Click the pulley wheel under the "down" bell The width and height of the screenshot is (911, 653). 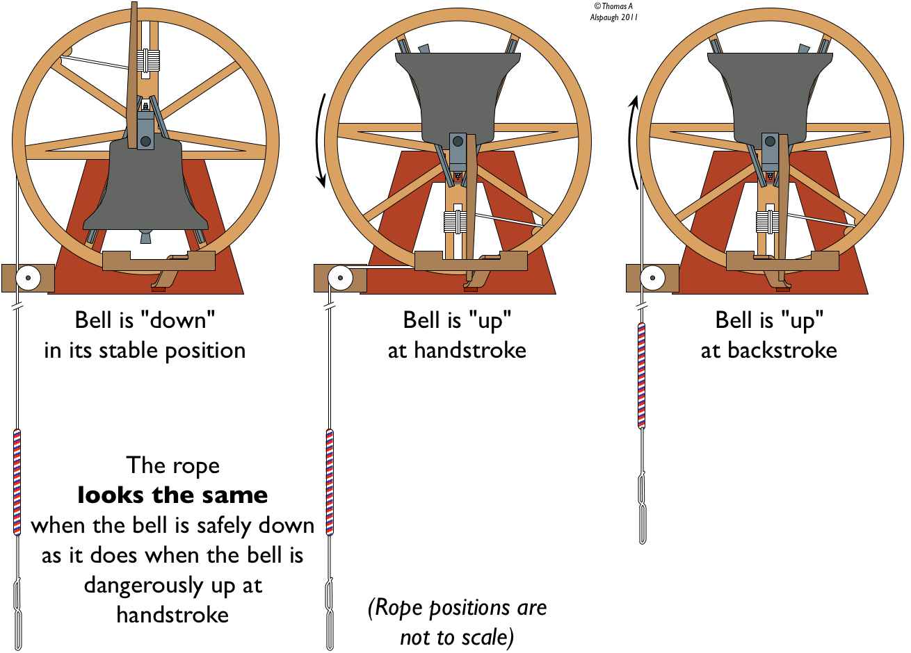point(28,278)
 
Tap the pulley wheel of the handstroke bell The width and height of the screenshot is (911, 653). point(340,278)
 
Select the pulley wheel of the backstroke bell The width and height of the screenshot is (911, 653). point(652,278)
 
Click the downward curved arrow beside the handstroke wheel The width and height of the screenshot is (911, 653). point(321,141)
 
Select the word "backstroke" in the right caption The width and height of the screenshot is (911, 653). point(782,350)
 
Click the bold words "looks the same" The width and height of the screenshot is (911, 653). point(172,495)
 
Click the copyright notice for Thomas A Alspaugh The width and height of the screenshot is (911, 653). point(614,12)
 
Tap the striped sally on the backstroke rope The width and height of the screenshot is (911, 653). point(642,375)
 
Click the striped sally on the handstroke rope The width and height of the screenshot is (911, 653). point(330,482)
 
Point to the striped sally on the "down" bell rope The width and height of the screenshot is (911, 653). point(17,482)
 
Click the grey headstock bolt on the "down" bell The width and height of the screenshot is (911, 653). point(145,142)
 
